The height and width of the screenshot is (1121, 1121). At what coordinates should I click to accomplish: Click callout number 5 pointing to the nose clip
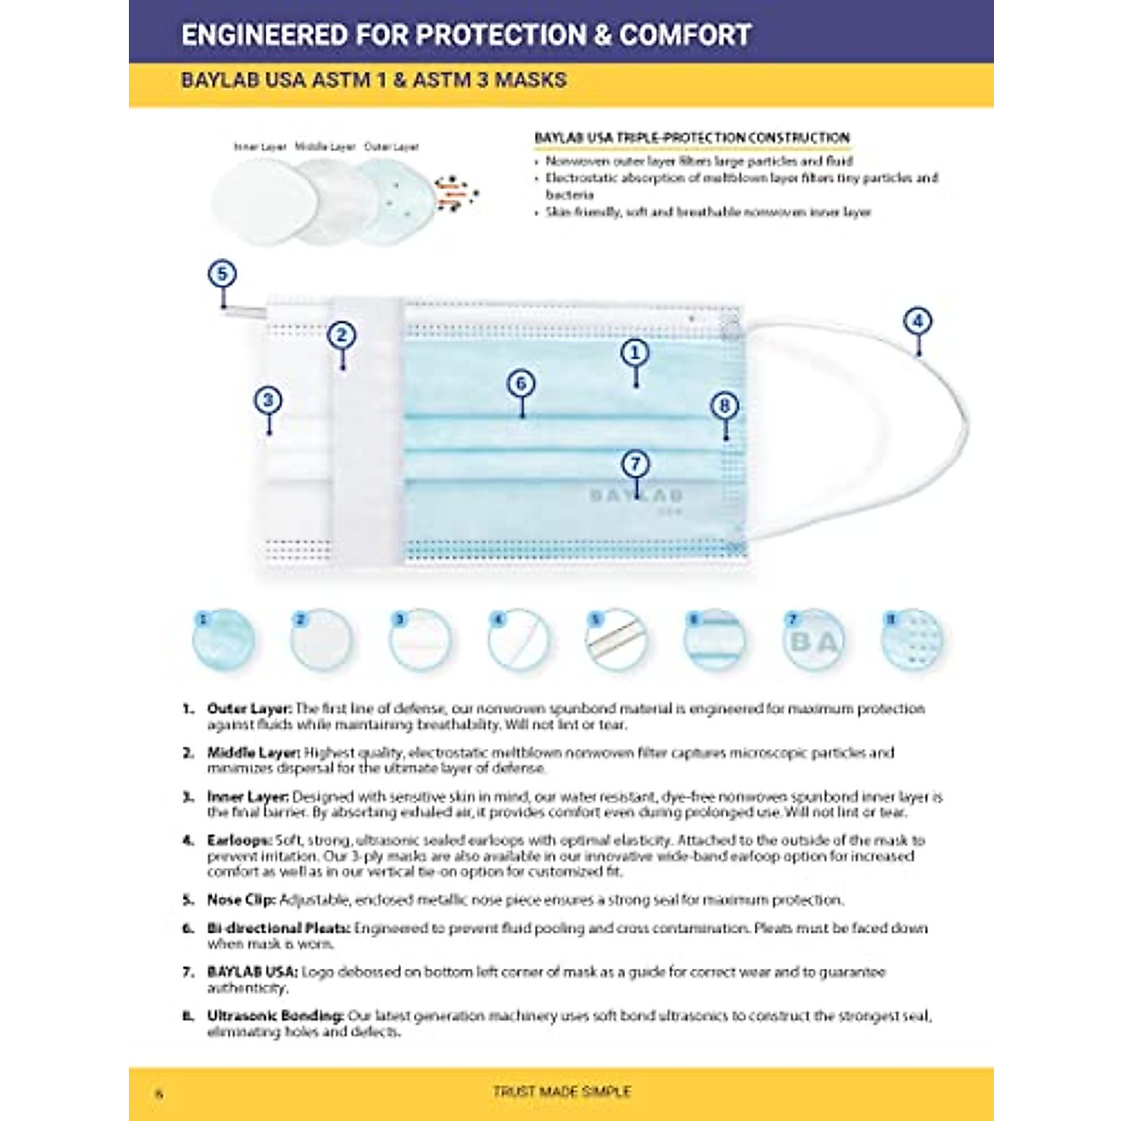pyautogui.click(x=222, y=275)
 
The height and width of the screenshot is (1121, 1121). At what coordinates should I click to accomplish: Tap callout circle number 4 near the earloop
pyautogui.click(x=918, y=322)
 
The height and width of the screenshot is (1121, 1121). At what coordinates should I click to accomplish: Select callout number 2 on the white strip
pyautogui.click(x=342, y=335)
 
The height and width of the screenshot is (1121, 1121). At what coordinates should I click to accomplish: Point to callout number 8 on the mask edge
pyautogui.click(x=725, y=405)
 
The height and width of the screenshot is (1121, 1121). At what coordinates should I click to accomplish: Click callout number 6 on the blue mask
pyautogui.click(x=521, y=383)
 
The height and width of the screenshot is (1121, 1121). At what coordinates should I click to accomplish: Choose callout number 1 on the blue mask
pyautogui.click(x=635, y=352)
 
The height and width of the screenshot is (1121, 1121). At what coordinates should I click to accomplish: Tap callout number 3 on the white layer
pyautogui.click(x=268, y=401)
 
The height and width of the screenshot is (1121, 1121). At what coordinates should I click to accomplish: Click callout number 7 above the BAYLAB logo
pyautogui.click(x=635, y=463)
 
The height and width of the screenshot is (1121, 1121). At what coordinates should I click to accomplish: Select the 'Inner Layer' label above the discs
pyautogui.click(x=261, y=147)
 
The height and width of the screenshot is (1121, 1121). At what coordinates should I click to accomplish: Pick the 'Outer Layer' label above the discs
pyautogui.click(x=391, y=147)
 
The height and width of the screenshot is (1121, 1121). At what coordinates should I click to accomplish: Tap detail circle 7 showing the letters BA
pyautogui.click(x=814, y=641)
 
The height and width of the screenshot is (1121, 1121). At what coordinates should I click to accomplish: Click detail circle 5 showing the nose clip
pyautogui.click(x=617, y=641)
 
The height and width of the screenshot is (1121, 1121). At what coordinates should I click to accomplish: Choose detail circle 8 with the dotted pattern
pyautogui.click(x=913, y=641)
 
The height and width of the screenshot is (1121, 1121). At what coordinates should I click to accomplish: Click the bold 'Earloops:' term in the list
pyautogui.click(x=240, y=840)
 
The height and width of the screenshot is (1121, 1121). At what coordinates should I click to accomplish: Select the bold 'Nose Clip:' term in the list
pyautogui.click(x=241, y=900)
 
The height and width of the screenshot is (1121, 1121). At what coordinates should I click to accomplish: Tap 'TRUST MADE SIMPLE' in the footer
pyautogui.click(x=561, y=1091)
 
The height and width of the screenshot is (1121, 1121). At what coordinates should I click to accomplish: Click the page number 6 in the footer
pyautogui.click(x=159, y=1093)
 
